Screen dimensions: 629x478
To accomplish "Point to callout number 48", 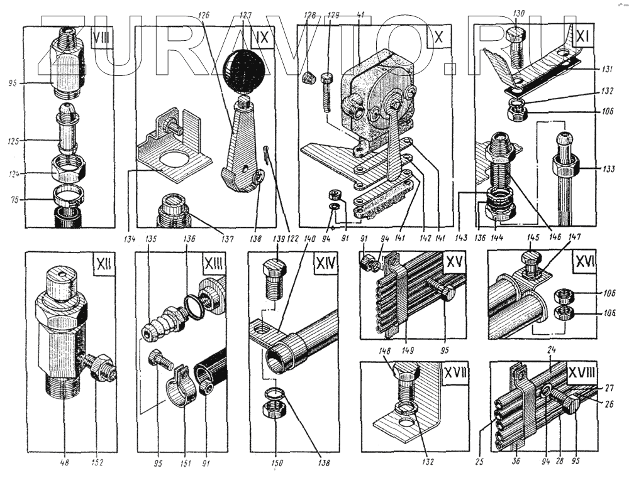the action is [x=64, y=464].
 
